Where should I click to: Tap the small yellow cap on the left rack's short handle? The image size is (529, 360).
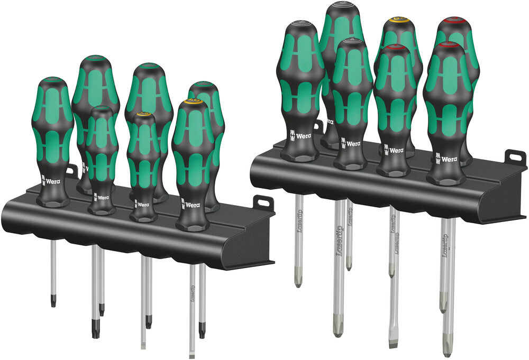(x=143, y=114)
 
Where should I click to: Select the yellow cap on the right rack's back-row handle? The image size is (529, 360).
(x=398, y=21)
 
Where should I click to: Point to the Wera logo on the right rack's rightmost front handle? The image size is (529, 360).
(x=445, y=158)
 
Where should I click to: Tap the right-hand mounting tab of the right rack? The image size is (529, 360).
(x=514, y=158)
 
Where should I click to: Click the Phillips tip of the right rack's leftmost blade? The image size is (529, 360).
(x=298, y=282)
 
